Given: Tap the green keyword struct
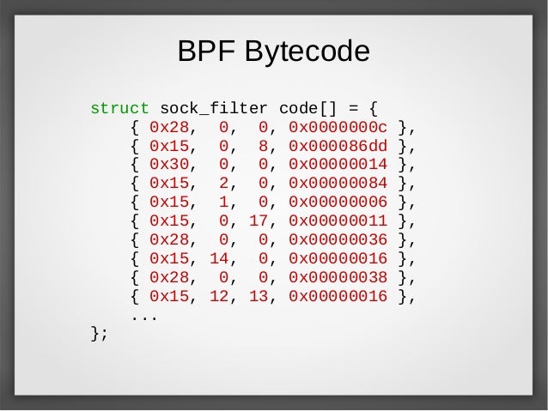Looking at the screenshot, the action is click(119, 110).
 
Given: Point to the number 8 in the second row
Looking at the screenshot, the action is click(265, 146).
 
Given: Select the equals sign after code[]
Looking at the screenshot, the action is click(351, 110).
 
